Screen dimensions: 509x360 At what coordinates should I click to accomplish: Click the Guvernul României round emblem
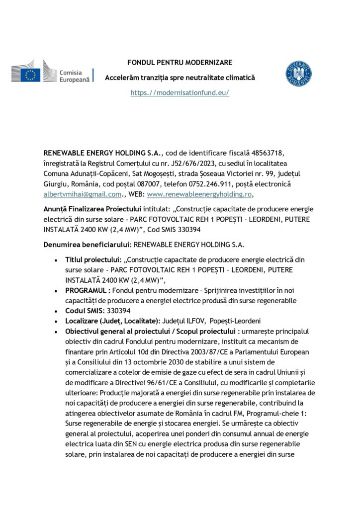[298, 74]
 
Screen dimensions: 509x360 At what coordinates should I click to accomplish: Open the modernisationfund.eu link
[180, 93]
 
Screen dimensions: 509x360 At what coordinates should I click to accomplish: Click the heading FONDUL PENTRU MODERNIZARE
[180, 63]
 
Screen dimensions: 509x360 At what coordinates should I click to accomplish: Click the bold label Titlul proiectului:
[93, 260]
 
